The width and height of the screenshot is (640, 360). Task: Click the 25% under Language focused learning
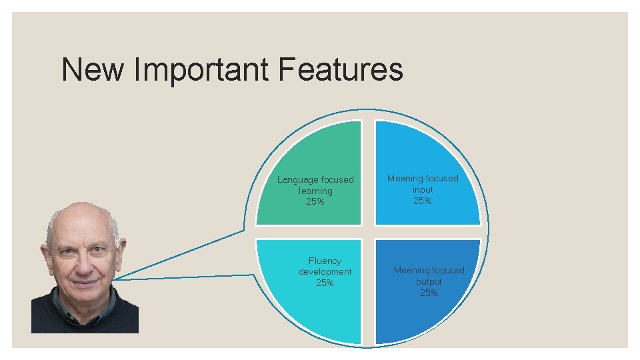pyautogui.click(x=315, y=201)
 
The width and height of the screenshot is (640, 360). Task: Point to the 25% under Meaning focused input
pyautogui.click(x=422, y=201)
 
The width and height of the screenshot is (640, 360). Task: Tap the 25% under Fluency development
pyautogui.click(x=325, y=283)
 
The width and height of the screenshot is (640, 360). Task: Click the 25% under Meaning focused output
pyautogui.click(x=429, y=293)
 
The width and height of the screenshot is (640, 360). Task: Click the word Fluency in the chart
pyautogui.click(x=325, y=261)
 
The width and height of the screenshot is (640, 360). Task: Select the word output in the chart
pyautogui.click(x=429, y=281)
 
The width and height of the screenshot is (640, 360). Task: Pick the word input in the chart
pyautogui.click(x=422, y=189)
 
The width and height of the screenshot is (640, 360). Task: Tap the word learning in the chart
pyautogui.click(x=315, y=191)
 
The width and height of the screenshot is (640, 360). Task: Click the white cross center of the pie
pyautogui.click(x=368, y=232)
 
